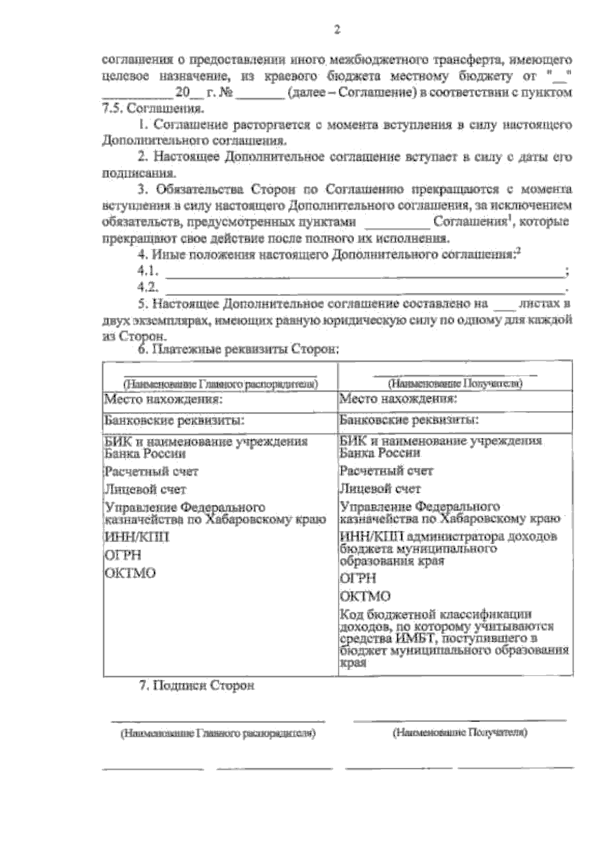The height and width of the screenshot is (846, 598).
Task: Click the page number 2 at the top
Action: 336,30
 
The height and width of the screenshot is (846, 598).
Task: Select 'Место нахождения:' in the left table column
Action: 162,400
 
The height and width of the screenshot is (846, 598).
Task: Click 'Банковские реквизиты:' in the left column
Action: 173,421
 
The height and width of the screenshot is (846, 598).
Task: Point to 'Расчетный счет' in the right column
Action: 386,471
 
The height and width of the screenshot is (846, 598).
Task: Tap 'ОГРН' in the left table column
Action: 122,555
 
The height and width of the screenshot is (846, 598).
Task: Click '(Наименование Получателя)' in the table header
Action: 455,384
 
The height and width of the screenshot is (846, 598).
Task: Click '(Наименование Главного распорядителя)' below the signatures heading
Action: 218,734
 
